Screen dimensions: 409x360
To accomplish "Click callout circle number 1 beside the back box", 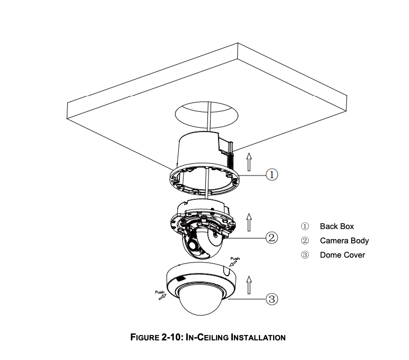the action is pyautogui.click(x=272, y=174).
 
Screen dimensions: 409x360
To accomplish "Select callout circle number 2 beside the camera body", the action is pyautogui.click(x=272, y=238).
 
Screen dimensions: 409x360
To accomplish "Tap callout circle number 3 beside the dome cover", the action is pyautogui.click(x=272, y=298).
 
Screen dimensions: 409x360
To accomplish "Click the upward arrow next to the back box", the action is pyautogui.click(x=249, y=162).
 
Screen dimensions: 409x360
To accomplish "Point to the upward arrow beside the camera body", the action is pyautogui.click(x=249, y=222).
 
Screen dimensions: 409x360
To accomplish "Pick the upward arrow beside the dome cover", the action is pyautogui.click(x=249, y=285).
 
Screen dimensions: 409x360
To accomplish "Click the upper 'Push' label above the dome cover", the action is pyautogui.click(x=235, y=259).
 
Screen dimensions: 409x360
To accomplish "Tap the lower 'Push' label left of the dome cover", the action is pyautogui.click(x=160, y=292).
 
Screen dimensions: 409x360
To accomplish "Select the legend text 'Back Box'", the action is pyautogui.click(x=337, y=226).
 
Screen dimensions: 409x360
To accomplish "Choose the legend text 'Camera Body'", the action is pyautogui.click(x=344, y=241).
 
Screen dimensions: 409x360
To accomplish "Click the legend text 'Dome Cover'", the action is pyautogui.click(x=342, y=255).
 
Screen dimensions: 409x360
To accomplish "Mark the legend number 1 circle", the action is pyautogui.click(x=304, y=226).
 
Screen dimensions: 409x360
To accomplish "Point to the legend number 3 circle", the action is pyautogui.click(x=304, y=255).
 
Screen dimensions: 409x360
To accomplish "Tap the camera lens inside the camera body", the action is pyautogui.click(x=193, y=245).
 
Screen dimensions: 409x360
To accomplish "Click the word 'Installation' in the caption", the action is pyautogui.click(x=258, y=337).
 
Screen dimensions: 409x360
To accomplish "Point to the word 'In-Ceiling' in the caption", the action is pyautogui.click(x=207, y=337).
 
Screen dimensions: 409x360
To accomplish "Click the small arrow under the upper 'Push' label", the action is pyautogui.click(x=233, y=264).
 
